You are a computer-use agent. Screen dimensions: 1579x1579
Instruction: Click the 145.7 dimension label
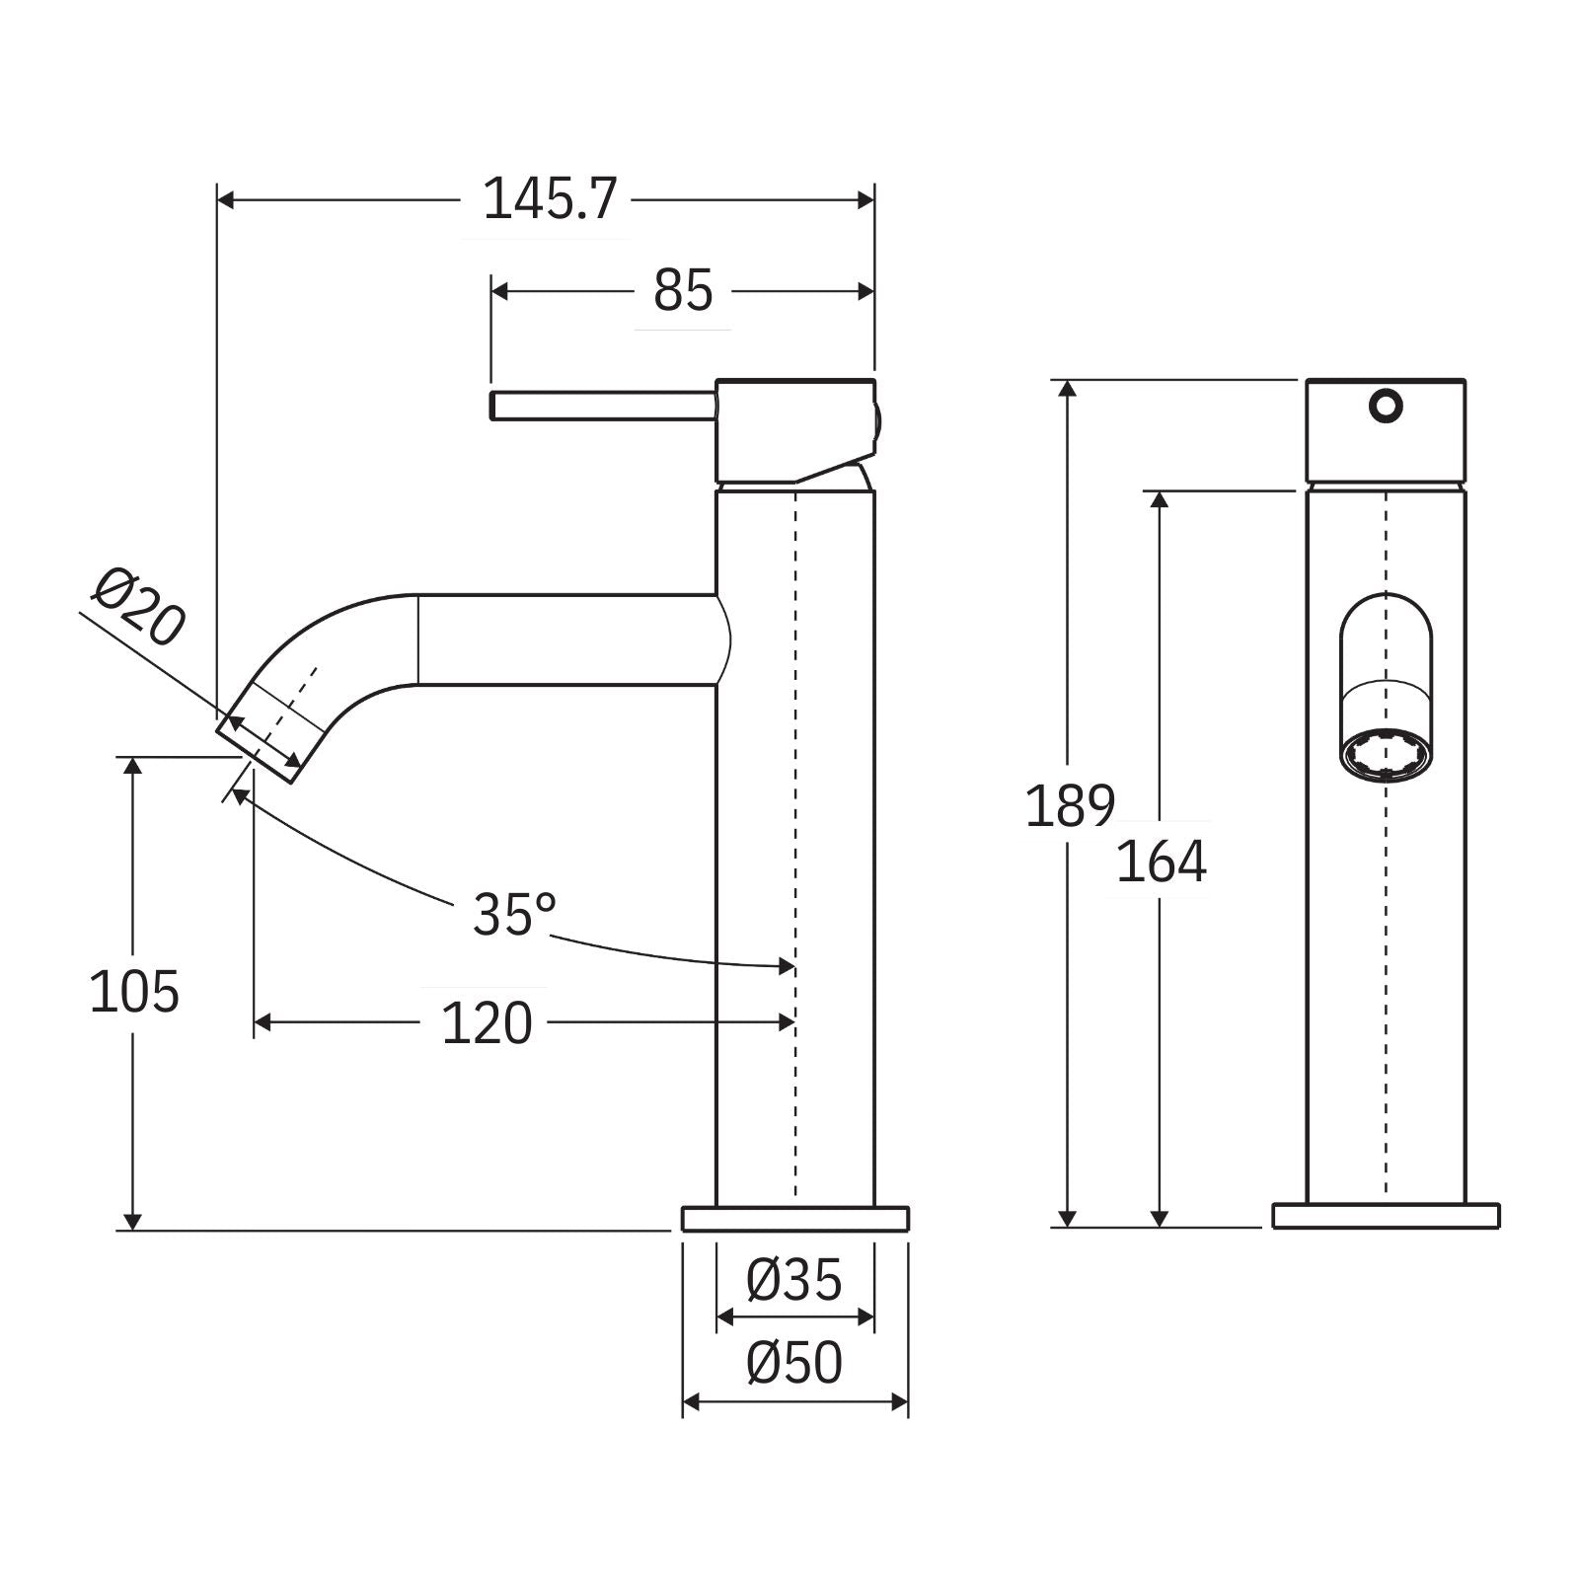[549, 200]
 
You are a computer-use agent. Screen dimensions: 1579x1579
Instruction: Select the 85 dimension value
[682, 291]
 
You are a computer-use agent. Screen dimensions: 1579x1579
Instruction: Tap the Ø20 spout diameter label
[138, 607]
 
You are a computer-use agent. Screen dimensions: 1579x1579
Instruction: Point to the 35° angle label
[513, 914]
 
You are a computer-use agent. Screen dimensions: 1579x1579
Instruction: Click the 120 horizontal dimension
[486, 1023]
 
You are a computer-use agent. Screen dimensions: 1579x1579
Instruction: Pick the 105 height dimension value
[134, 992]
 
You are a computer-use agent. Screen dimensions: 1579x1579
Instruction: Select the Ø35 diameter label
[794, 1280]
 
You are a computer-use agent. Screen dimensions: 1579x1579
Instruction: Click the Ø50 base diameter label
[794, 1363]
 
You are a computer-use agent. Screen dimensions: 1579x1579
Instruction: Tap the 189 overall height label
[1070, 805]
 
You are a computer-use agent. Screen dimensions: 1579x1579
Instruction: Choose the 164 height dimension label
[1161, 862]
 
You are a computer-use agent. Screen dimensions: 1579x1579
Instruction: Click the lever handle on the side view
[602, 406]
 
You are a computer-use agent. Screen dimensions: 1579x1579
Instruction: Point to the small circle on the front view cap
[1386, 406]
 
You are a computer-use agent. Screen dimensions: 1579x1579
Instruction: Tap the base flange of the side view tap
[794, 1219]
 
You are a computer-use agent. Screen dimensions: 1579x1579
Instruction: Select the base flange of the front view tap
[1386, 1216]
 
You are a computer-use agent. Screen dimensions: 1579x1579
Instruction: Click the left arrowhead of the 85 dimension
[498, 291]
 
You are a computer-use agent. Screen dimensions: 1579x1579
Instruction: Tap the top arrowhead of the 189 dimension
[1067, 388]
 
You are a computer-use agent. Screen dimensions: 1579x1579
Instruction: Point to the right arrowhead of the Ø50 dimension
[900, 1401]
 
